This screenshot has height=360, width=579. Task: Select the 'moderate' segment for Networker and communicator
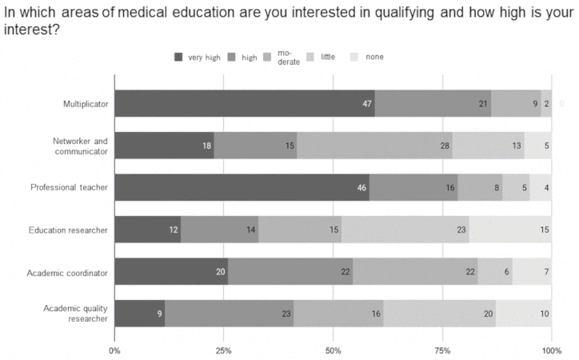374,146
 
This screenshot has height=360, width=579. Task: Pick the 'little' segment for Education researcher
405,230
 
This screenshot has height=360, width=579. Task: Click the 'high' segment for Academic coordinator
290,272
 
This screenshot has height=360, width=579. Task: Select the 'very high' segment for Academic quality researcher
140,314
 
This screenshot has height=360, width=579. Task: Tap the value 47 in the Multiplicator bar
368,104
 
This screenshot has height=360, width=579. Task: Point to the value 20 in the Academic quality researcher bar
488,314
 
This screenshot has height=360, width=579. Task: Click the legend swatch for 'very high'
179,57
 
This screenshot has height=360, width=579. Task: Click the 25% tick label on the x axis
224,350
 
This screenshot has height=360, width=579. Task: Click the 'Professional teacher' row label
69,188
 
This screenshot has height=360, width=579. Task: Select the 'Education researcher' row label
69,230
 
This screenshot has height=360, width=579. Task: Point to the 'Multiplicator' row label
86,104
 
